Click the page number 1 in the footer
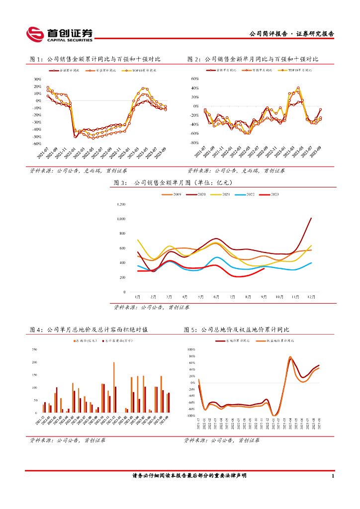[332, 476]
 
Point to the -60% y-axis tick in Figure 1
[36, 143]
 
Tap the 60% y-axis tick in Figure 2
[194, 79]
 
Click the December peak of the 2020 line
[311, 218]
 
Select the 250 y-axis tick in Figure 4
[34, 349]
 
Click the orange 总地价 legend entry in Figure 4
[84, 341]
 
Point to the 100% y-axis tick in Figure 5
[191, 349]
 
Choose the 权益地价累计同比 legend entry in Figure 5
[284, 341]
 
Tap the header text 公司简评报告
[269, 34]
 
